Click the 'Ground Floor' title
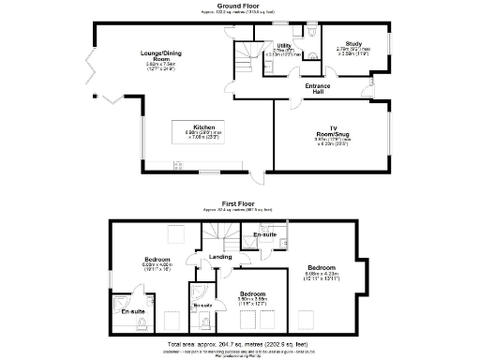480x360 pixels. point(240,6)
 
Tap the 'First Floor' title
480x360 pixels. point(240,202)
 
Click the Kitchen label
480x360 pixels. point(204,127)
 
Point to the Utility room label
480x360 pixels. point(282,45)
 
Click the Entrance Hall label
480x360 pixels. point(319,88)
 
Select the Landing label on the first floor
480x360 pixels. point(220,256)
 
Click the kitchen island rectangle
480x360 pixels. point(204,133)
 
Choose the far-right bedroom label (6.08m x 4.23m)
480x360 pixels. point(322,265)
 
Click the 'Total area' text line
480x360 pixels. point(240,345)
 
